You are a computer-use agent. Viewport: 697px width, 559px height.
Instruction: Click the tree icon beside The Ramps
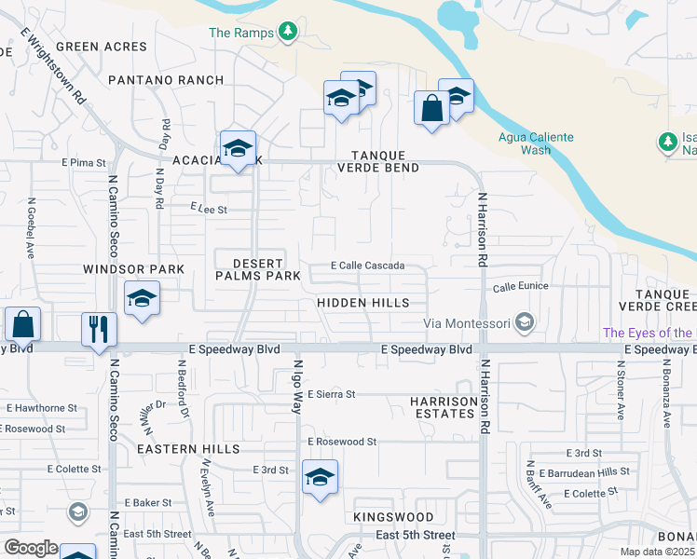pyautogui.click(x=288, y=33)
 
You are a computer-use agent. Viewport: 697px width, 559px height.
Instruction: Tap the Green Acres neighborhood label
pyautogui.click(x=102, y=47)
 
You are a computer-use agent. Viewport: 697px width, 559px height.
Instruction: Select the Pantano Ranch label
pyautogui.click(x=166, y=80)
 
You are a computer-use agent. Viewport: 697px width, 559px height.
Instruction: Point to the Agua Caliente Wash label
pyautogui.click(x=535, y=143)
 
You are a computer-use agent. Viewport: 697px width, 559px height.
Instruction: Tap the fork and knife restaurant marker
pyautogui.click(x=99, y=330)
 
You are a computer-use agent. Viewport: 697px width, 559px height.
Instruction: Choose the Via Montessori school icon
pyautogui.click(x=525, y=322)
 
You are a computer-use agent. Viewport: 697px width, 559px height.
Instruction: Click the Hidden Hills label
pyautogui.click(x=362, y=303)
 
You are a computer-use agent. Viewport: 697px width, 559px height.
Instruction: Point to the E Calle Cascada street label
pyautogui.click(x=368, y=266)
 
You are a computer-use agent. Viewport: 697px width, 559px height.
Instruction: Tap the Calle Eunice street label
pyautogui.click(x=520, y=287)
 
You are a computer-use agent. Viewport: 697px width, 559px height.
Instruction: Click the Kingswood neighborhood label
pyautogui.click(x=393, y=516)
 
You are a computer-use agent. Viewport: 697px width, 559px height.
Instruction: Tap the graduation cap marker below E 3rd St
pyautogui.click(x=320, y=479)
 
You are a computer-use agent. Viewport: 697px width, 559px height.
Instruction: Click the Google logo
pyautogui.click(x=31, y=548)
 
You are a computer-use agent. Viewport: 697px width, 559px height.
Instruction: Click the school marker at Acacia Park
pyautogui.click(x=238, y=149)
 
